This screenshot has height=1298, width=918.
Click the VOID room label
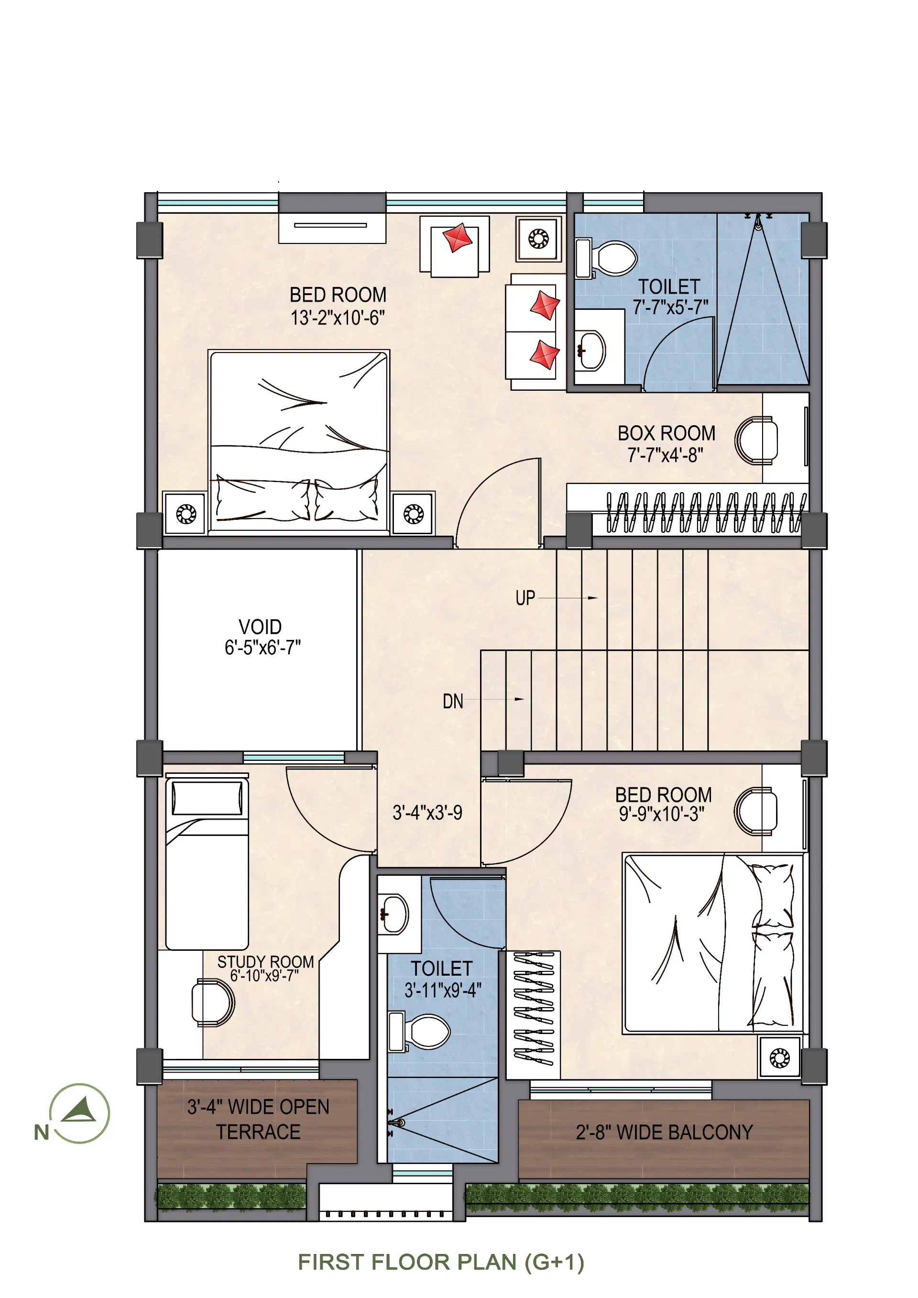[260, 627]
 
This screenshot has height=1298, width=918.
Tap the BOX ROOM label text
[666, 434]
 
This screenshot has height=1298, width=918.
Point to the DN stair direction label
[453, 702]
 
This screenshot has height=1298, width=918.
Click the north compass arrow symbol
[79, 1112]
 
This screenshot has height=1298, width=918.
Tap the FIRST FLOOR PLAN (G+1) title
[441, 1263]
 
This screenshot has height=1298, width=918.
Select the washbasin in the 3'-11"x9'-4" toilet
[393, 914]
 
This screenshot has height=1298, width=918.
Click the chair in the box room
[756, 440]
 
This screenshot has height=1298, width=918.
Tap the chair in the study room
[213, 1002]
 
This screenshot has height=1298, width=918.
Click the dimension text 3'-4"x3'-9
[427, 813]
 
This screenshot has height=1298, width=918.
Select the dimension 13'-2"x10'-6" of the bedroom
[338, 318]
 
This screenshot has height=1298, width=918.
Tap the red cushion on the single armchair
[457, 238]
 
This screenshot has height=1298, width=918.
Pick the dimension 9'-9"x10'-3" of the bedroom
[661, 814]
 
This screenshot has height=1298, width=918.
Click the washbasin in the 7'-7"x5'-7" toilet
[590, 351]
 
